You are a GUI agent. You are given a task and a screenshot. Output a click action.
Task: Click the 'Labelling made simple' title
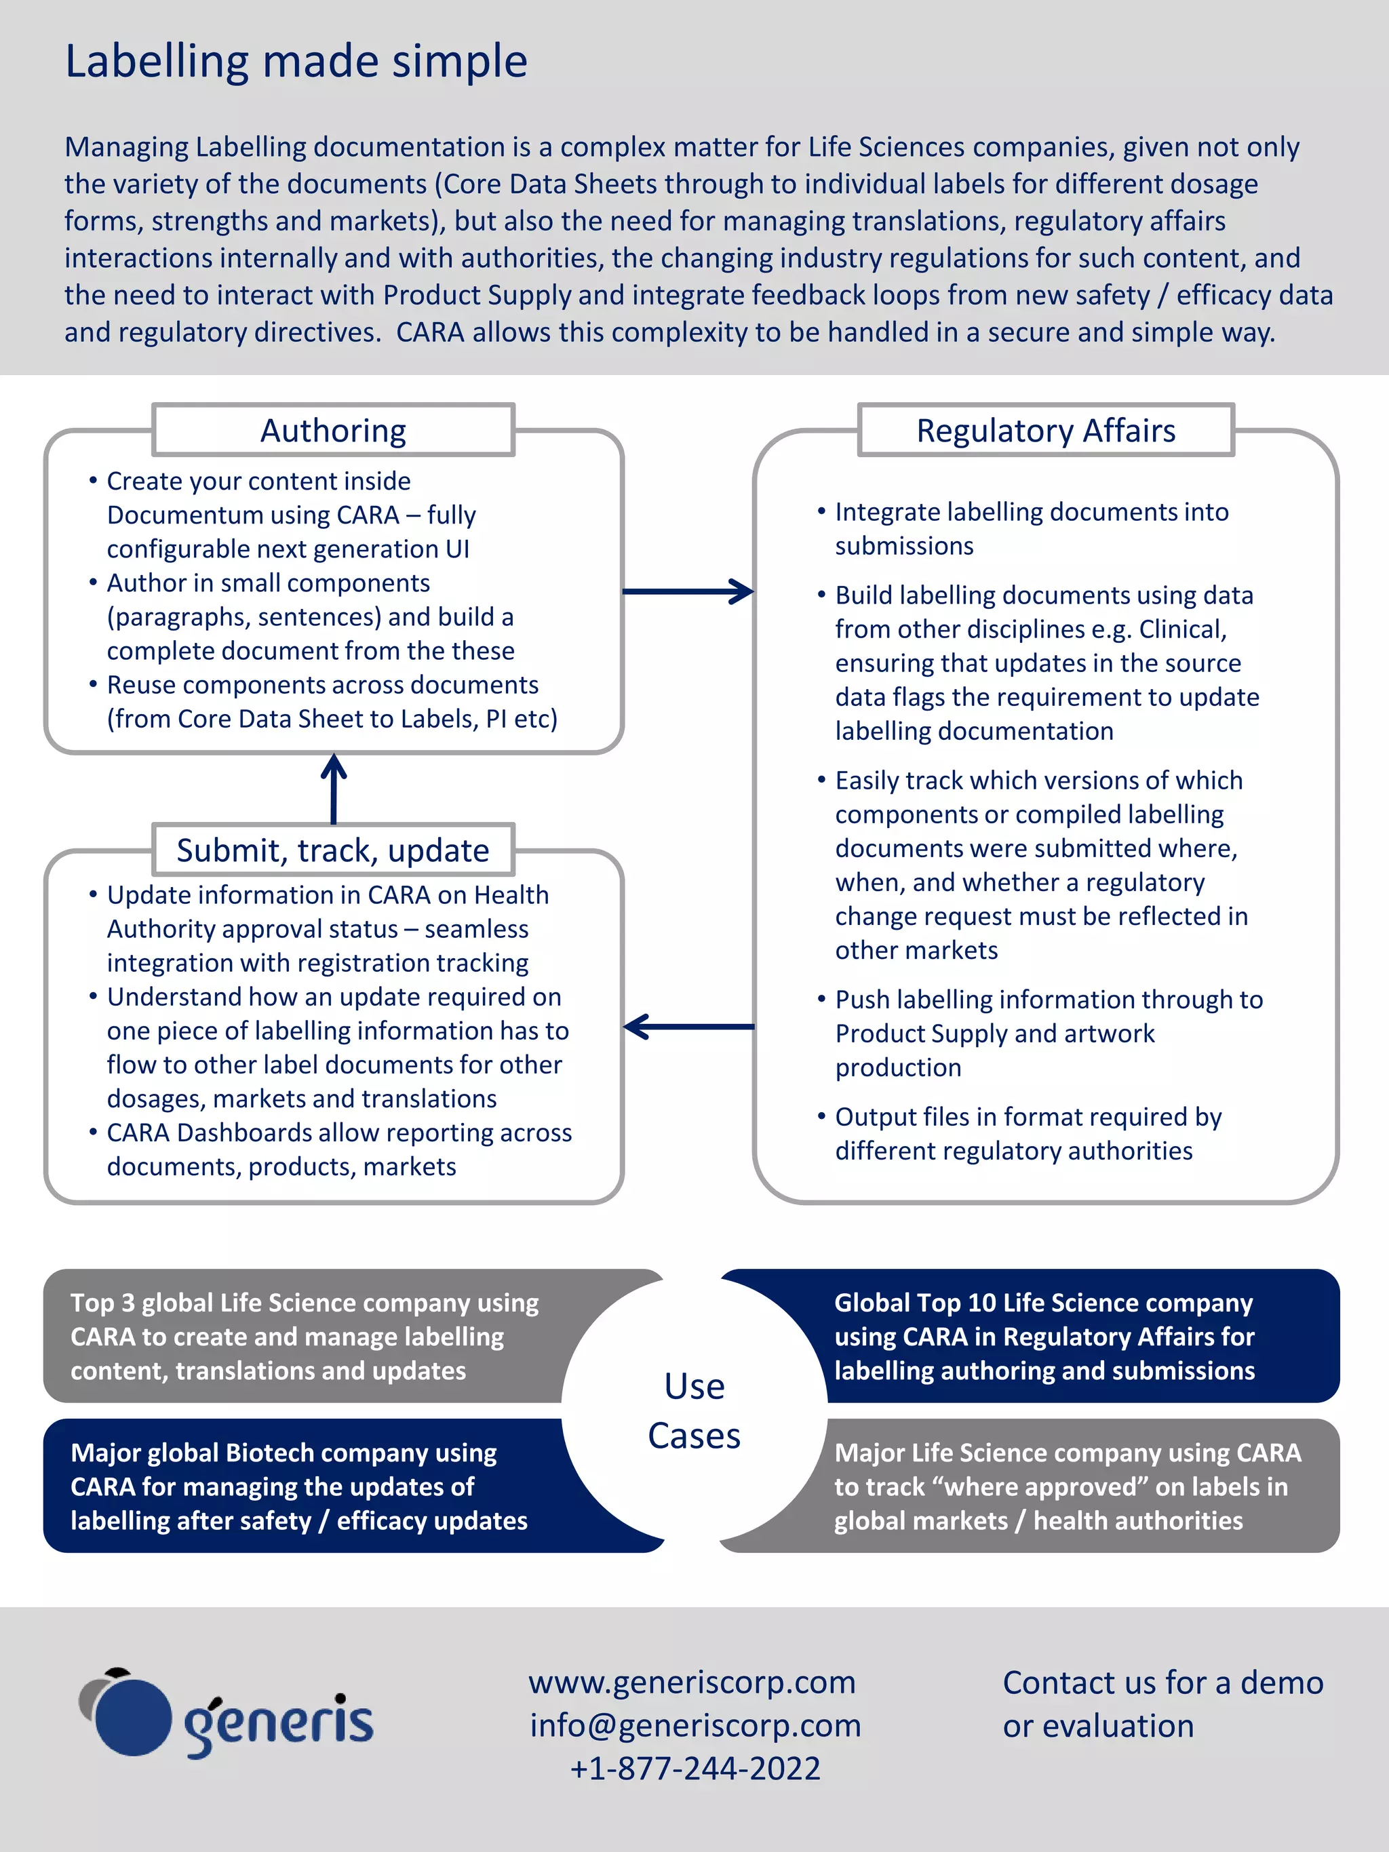pos(296,62)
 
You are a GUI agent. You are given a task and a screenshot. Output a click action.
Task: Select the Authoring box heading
pos(333,431)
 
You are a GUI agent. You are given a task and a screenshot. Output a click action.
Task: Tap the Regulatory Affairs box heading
pos(1046,431)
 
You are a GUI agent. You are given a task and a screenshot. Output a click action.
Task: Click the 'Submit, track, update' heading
pos(333,850)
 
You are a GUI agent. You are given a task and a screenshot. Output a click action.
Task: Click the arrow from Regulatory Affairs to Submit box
pos(688,1027)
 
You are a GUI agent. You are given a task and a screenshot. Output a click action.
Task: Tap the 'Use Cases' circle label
pos(694,1411)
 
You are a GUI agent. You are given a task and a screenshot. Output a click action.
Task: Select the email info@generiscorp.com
pos(695,1727)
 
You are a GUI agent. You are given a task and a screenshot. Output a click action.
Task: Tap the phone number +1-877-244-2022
pos(695,1769)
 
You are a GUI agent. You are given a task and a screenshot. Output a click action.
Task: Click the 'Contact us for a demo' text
pos(1162,1683)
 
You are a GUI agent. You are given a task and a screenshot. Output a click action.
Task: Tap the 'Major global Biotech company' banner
pos(299,1486)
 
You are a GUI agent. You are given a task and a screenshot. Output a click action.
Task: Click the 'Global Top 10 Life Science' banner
pos(1044,1336)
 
